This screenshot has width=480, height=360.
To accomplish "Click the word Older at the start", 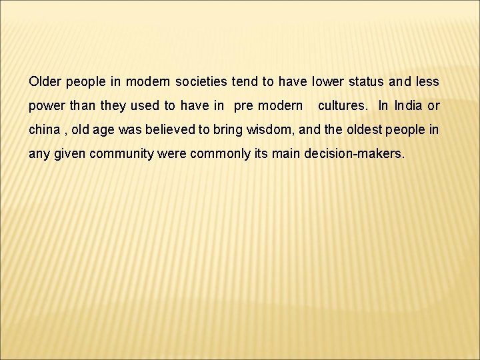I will tap(44, 82).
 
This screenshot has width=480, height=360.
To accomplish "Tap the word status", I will tap(364, 82).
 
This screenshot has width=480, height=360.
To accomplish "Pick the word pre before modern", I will tap(245, 106).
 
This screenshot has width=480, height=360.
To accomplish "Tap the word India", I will tap(408, 106).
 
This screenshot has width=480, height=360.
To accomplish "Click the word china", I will tap(44, 129).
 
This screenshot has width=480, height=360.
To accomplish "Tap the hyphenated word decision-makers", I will tap(353, 153).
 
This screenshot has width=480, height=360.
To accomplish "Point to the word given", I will tap(69, 153).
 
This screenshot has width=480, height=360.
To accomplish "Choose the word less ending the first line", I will tap(427, 82).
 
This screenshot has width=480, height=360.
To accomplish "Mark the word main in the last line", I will tap(286, 153).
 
